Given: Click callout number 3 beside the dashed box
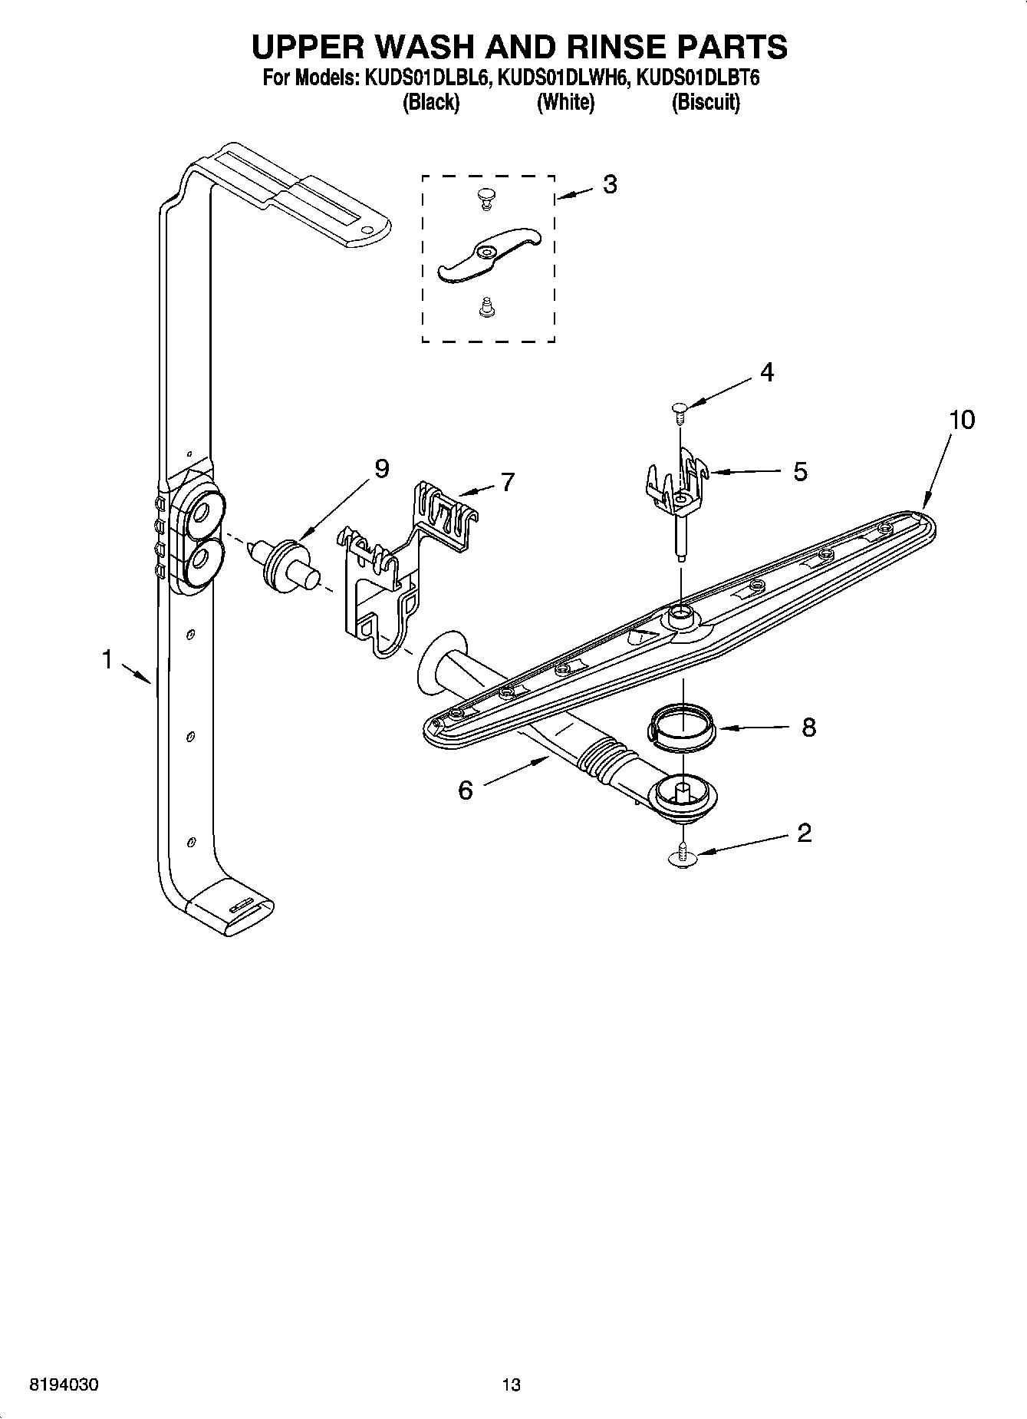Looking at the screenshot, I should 609,184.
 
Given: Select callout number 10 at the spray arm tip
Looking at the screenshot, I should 961,420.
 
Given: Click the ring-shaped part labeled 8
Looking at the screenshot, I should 682,726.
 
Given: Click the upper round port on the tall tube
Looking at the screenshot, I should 203,511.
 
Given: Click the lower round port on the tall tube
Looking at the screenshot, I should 202,560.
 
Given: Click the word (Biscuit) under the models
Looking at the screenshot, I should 705,102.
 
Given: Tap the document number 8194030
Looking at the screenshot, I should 64,1385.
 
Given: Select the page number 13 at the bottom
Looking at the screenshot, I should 511,1385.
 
